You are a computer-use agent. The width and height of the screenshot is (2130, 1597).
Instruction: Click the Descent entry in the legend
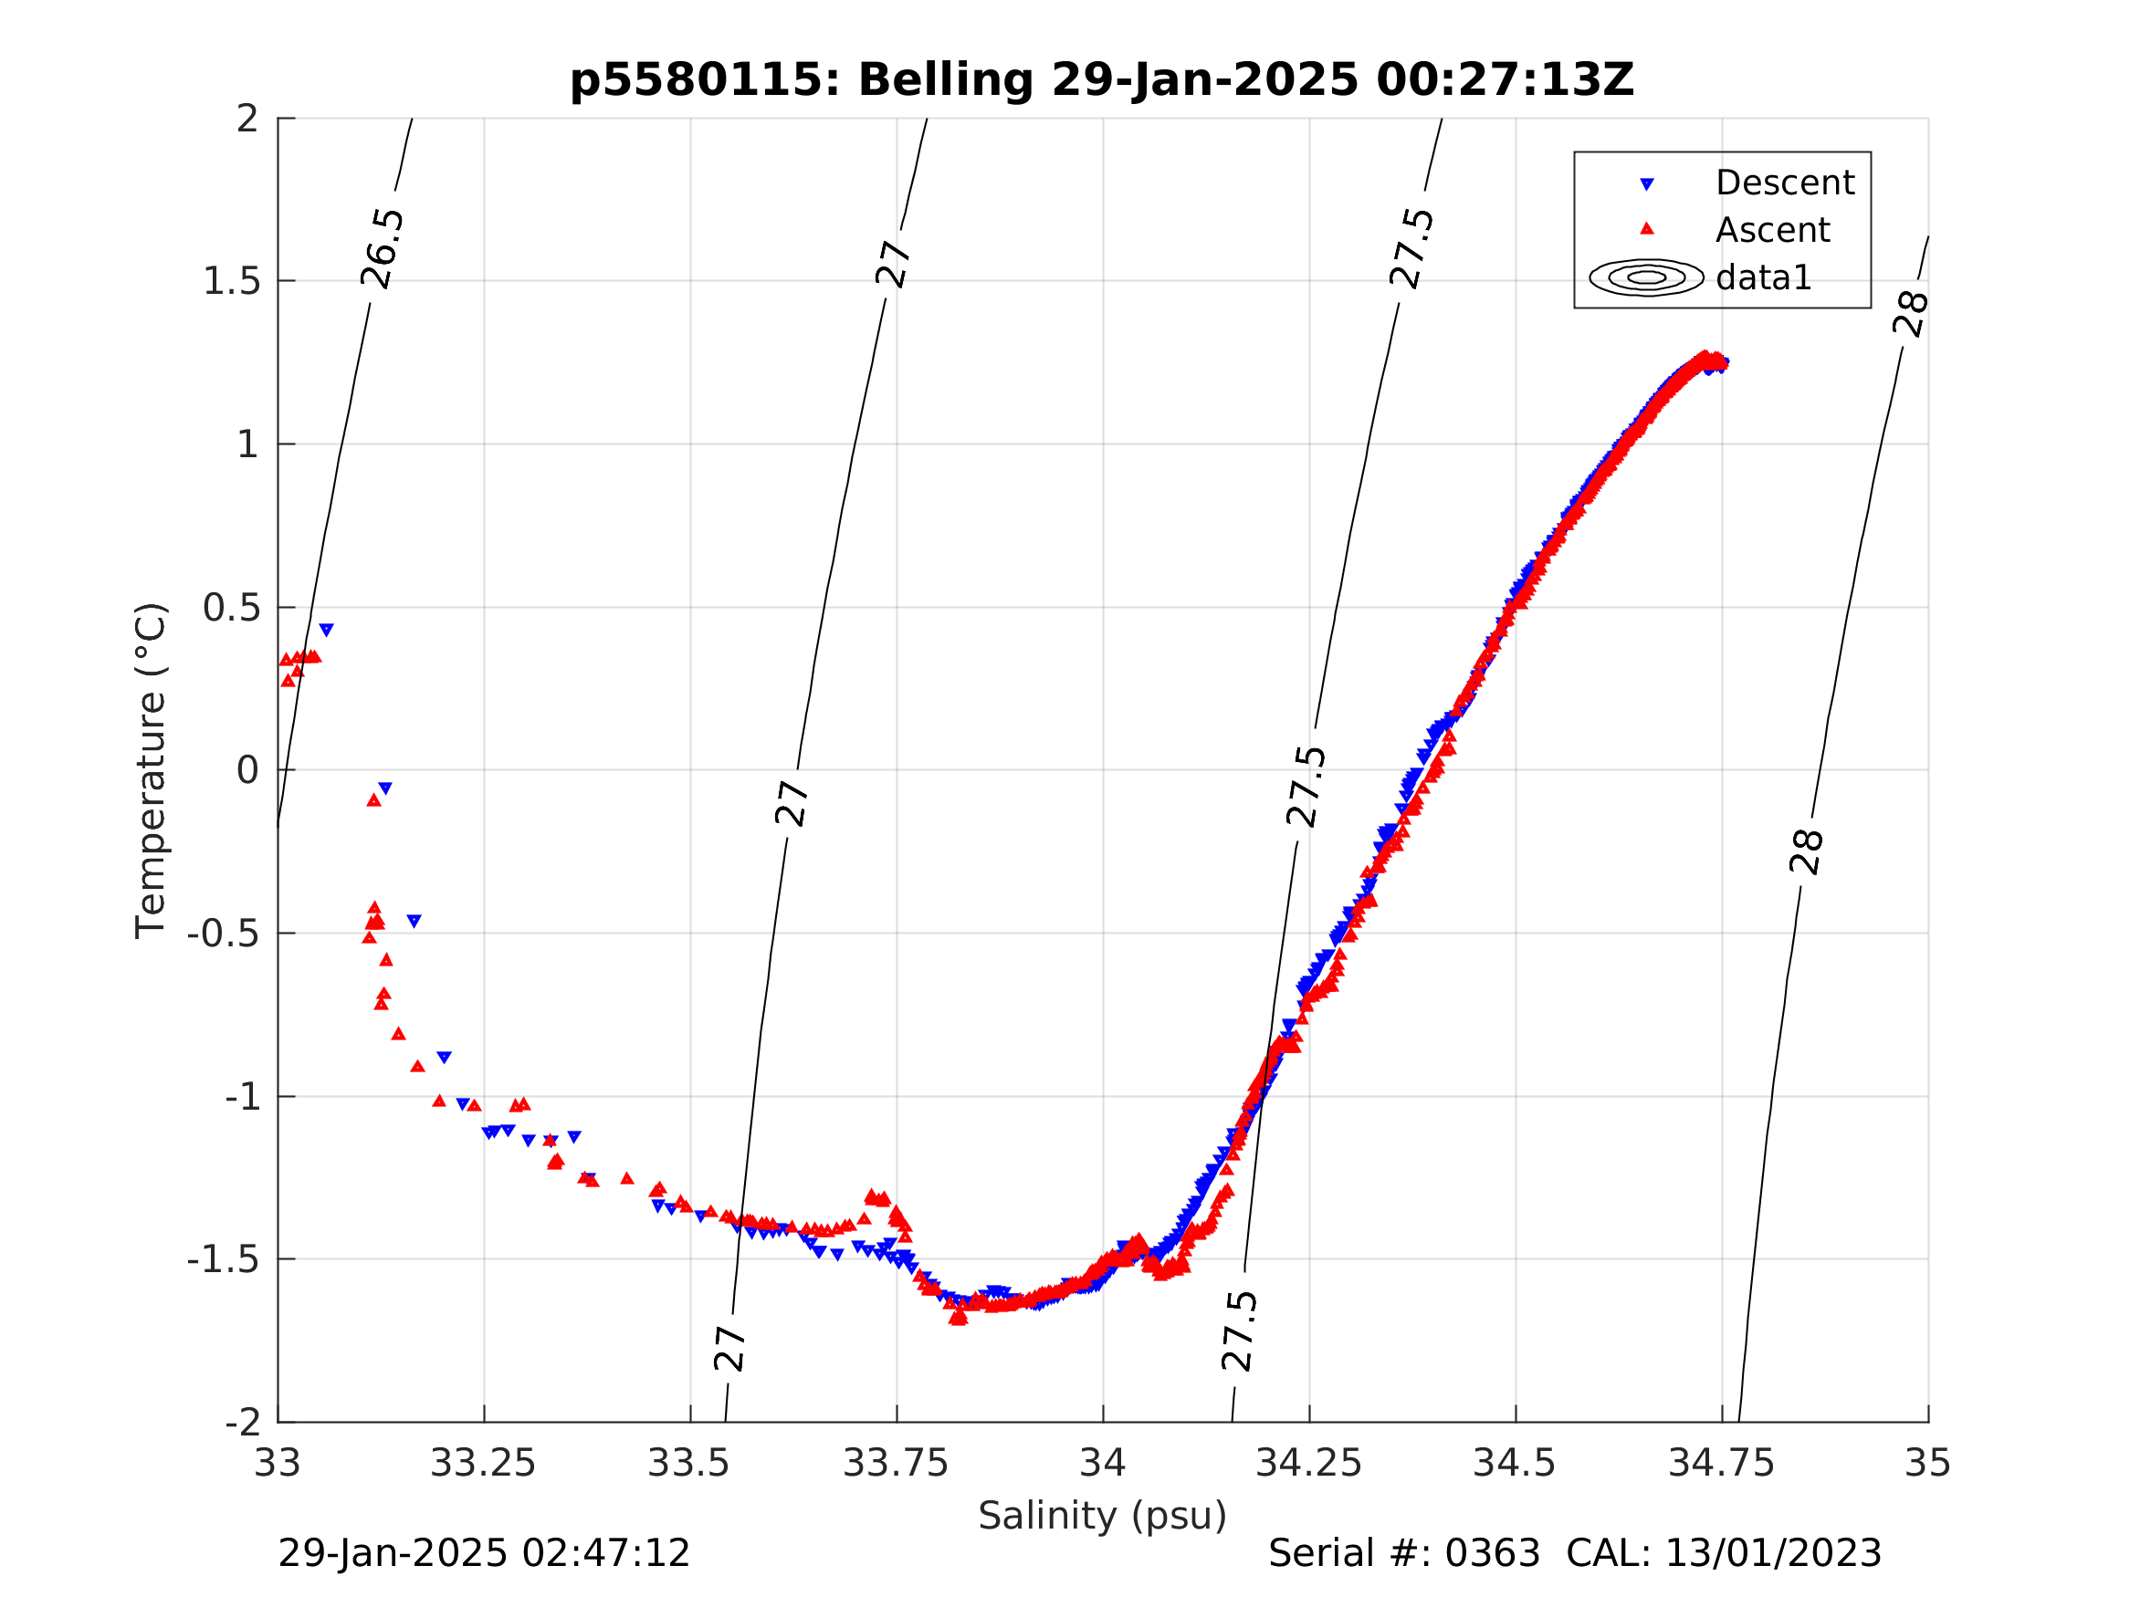tap(1784, 183)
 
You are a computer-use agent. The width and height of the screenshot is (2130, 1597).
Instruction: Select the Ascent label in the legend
tap(1772, 230)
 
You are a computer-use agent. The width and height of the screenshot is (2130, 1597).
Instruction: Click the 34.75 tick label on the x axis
tap(1722, 1463)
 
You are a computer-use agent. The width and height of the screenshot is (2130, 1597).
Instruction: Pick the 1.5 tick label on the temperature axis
tap(231, 281)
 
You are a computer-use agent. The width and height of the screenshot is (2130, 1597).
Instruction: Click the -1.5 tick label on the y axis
tap(224, 1259)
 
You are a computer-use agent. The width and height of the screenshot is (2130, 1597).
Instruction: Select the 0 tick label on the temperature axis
tap(247, 770)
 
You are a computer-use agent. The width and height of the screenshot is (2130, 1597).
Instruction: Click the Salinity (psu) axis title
tap(1103, 1515)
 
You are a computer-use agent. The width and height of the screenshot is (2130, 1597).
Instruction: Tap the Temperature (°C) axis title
tap(152, 770)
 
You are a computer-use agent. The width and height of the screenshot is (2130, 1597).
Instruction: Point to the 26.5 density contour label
tap(383, 248)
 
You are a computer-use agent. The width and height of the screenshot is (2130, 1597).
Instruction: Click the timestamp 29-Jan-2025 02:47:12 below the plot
tap(483, 1552)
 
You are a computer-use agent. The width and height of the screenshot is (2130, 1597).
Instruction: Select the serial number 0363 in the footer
tap(1492, 1552)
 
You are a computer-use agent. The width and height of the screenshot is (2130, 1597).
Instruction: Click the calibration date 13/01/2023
tap(1773, 1552)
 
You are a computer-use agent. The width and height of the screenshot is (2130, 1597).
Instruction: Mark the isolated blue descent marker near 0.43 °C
tap(327, 630)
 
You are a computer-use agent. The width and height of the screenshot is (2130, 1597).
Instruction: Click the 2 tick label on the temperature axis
tap(247, 119)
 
